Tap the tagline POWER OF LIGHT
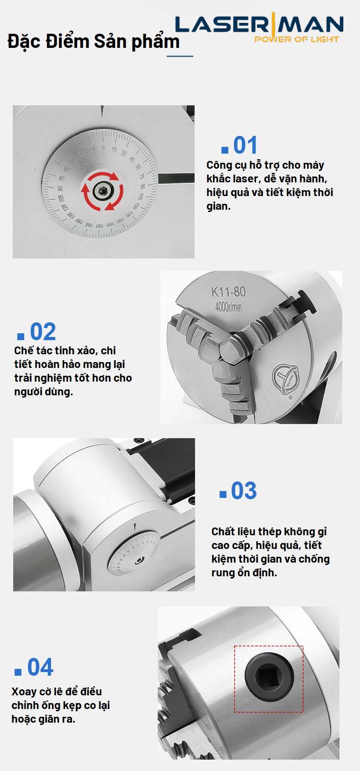pyautogui.click(x=297, y=39)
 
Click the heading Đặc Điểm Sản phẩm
pyautogui.click(x=93, y=41)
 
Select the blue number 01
pyautogui.click(x=245, y=145)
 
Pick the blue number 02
pyautogui.click(x=43, y=331)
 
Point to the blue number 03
pyautogui.click(x=244, y=491)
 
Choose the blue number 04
pyautogui.click(x=40, y=668)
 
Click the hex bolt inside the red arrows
pyautogui.click(x=102, y=191)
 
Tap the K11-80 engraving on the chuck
pyautogui.click(x=228, y=292)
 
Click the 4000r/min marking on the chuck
pyautogui.click(x=228, y=307)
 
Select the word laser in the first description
pyautogui.click(x=245, y=179)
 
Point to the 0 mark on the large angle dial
pyautogui.click(x=103, y=148)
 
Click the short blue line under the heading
pyautogui.click(x=180, y=56)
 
